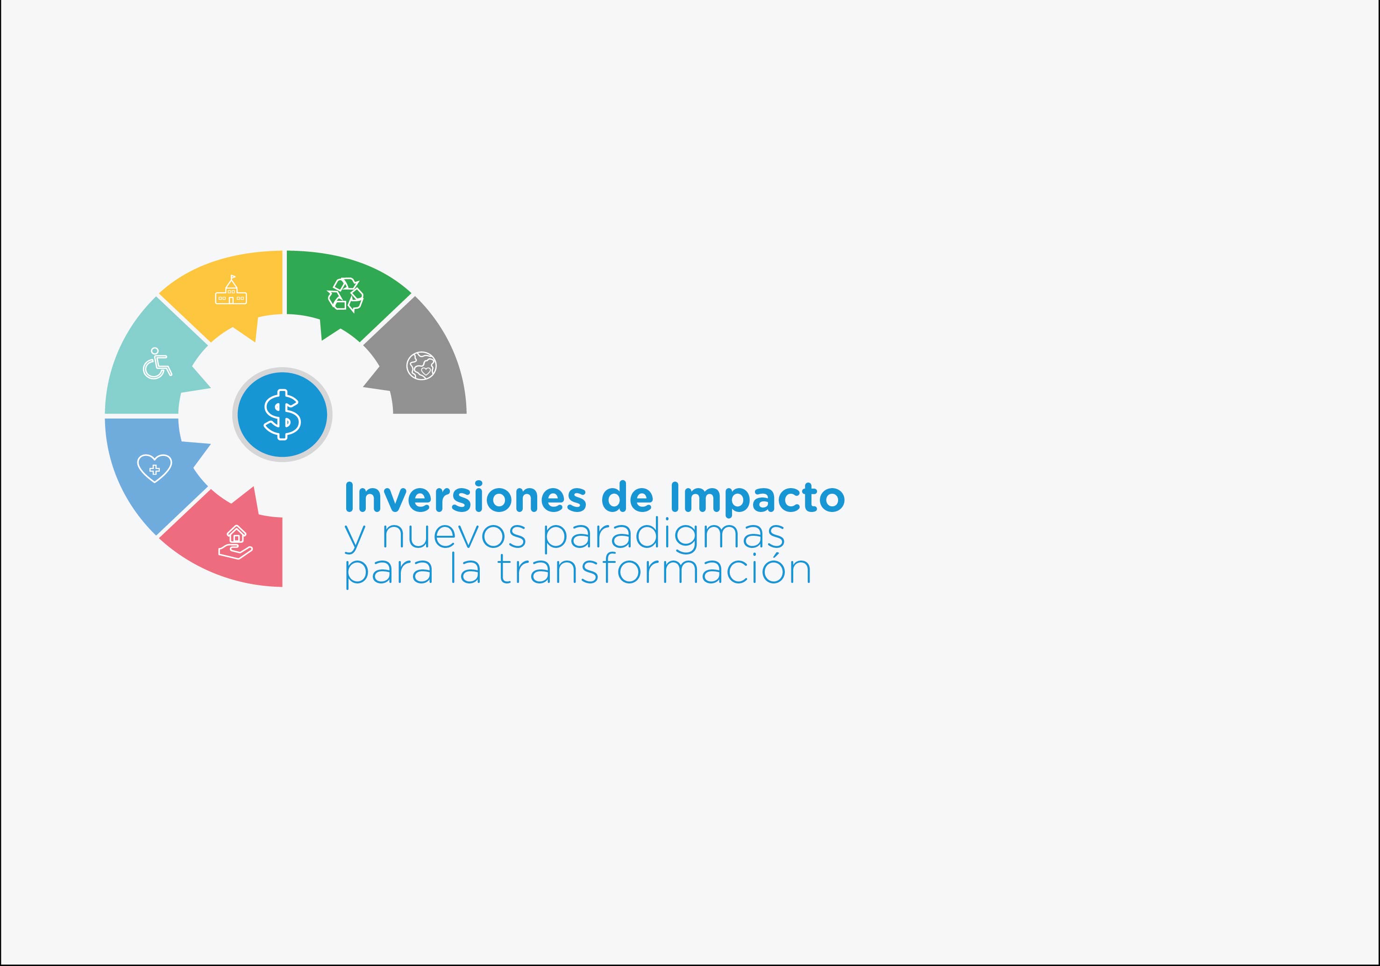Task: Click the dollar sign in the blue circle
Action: point(283,415)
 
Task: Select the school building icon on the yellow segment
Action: point(231,291)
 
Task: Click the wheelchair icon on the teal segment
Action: point(157,364)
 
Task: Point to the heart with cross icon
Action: point(155,468)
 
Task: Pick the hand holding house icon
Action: point(235,542)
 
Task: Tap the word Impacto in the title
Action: point(757,498)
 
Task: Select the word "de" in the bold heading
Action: point(627,498)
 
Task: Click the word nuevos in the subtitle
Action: point(454,535)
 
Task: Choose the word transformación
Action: point(654,570)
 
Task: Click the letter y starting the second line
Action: point(355,537)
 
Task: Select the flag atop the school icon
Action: point(233,277)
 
